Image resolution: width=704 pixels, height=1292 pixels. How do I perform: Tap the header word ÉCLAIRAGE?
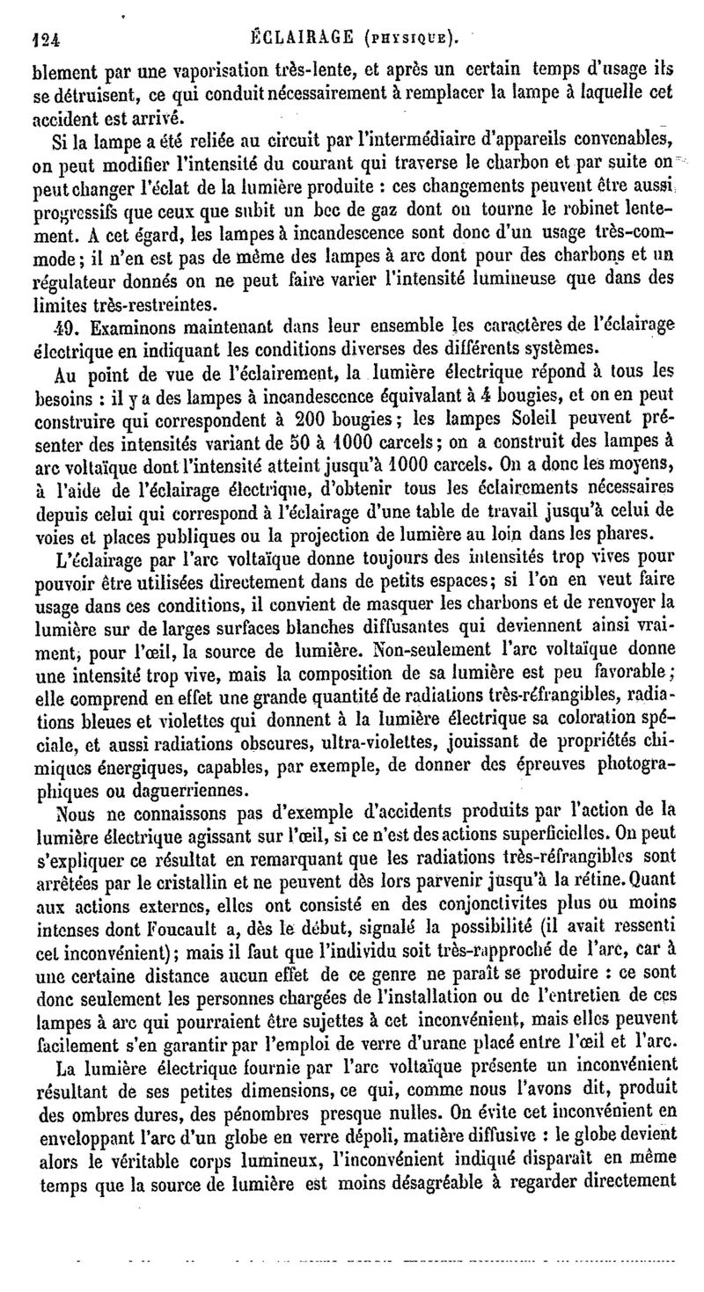[302, 37]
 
